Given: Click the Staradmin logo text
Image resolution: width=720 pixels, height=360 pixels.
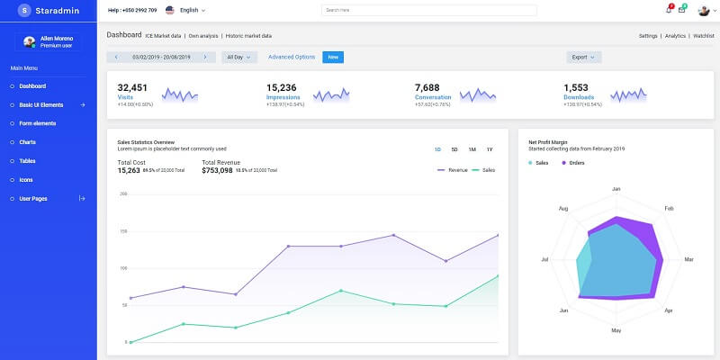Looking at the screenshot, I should (56, 10).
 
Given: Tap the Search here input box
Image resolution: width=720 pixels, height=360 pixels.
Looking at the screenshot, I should (428, 10).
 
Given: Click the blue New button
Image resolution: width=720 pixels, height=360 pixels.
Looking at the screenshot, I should (333, 57).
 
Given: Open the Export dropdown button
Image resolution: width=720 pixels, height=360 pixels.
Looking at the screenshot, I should (584, 57).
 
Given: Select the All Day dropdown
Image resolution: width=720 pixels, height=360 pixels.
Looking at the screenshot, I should (238, 57).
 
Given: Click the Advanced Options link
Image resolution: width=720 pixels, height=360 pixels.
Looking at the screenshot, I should (292, 57).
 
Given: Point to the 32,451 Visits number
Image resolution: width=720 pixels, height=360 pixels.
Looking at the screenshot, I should (132, 87).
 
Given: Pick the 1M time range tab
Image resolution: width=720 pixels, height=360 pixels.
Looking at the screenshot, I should (472, 148).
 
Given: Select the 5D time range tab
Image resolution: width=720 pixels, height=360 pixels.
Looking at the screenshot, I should (454, 148).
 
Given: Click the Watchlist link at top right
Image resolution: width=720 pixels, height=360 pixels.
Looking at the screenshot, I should (703, 35).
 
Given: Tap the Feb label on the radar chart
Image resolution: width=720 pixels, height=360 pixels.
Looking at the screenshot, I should (669, 208).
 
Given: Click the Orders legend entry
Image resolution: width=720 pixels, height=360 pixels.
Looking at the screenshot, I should (577, 163).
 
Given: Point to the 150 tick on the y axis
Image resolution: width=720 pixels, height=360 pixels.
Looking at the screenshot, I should (122, 230).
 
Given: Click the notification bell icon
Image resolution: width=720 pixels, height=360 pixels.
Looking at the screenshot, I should (668, 10).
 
